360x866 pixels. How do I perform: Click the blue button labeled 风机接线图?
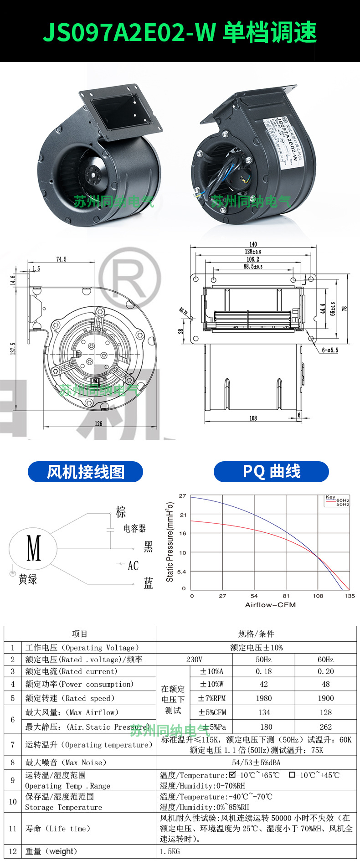85,472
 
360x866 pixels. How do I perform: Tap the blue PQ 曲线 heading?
271,471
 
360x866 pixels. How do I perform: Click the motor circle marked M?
33,547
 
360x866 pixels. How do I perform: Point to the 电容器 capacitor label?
135,528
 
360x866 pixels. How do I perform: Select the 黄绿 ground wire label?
28,579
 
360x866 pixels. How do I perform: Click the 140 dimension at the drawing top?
253,244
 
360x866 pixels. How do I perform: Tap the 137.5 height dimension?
13,349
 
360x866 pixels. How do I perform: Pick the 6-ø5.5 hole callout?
330,351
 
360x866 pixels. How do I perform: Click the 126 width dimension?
98,423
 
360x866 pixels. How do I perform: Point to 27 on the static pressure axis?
183,496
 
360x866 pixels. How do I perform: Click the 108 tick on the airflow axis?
318,596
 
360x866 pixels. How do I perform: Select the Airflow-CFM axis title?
271,605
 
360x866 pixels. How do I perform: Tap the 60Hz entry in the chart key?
343,500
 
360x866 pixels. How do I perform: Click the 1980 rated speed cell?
264,698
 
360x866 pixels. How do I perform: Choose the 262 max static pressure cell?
326,727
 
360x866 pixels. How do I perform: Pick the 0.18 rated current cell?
264,671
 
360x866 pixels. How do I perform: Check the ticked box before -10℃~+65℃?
232,774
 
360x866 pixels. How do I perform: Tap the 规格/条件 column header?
256,634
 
